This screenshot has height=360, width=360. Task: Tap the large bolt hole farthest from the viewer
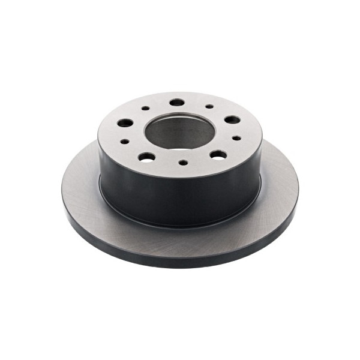[176, 103]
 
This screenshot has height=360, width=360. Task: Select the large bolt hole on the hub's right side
[232, 120]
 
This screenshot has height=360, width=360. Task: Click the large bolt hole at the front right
[218, 155]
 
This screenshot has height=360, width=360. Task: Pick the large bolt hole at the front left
[146, 157]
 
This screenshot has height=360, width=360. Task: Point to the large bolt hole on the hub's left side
[125, 123]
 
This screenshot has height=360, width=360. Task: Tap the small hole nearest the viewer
[183, 163]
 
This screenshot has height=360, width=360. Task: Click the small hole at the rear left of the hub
[145, 109]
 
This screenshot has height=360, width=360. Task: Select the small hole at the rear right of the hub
[209, 107]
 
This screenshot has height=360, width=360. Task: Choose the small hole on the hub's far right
[236, 138]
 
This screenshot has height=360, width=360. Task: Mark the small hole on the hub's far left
[125, 142]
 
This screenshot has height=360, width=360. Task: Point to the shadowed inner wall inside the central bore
[180, 123]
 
